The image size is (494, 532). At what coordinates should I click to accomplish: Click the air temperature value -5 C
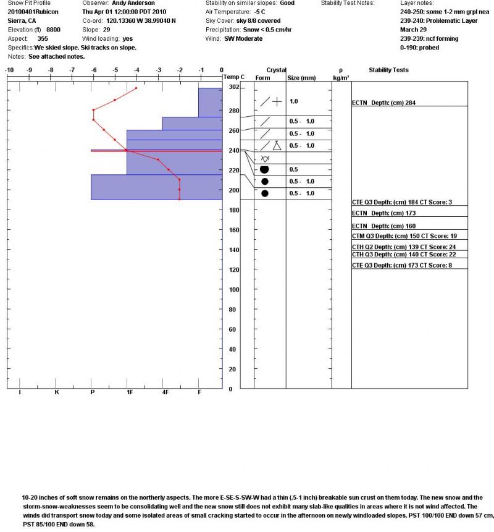coord(262,12)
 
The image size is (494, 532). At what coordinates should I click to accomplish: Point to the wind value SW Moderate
coord(243,38)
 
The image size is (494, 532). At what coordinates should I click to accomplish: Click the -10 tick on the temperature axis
coord(10,70)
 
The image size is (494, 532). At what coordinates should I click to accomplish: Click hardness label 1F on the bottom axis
coord(129,392)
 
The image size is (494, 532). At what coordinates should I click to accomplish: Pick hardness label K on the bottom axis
coord(57,392)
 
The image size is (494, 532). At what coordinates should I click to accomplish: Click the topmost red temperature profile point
coord(136,88)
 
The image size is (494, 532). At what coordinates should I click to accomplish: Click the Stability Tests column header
coord(388,70)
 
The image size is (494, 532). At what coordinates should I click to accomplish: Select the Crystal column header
coord(276,70)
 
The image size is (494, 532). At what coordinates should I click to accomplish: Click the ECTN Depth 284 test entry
coord(388,103)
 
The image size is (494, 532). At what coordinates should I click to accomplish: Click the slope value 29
coord(106,29)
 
